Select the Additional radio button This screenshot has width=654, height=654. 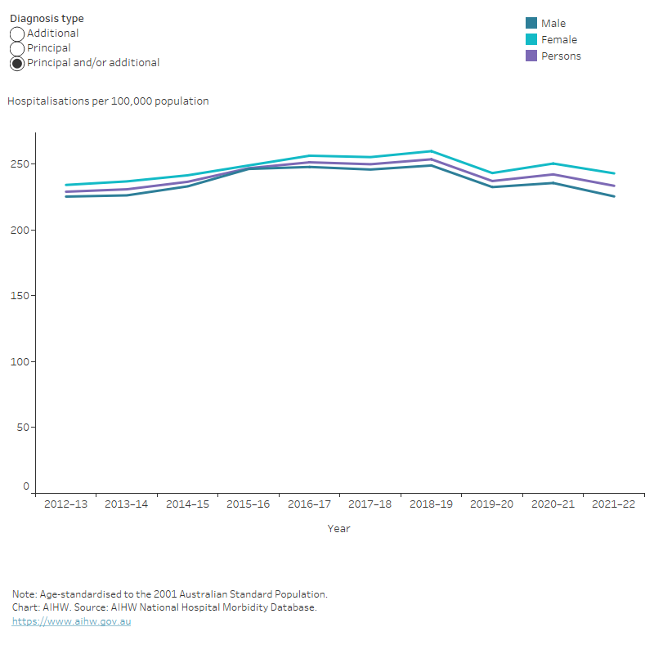point(17,34)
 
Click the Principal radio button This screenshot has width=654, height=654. point(17,49)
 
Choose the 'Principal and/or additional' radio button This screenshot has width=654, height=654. point(17,64)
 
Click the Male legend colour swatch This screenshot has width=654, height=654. point(531,24)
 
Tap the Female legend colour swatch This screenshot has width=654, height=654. point(531,40)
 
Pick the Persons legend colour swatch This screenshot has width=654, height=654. point(531,56)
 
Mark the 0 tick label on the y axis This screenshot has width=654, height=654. point(25,486)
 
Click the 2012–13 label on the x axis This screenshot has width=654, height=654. point(65,504)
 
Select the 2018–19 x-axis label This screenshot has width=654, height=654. point(431,504)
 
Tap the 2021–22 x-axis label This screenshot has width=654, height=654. point(614,504)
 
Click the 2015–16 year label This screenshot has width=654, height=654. point(249,504)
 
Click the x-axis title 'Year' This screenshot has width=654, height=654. point(339,529)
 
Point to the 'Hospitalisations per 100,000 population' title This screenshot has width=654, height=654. point(108,101)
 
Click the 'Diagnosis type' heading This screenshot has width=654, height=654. point(47,19)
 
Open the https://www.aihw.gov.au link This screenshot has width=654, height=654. point(71,621)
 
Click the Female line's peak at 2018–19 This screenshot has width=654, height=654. point(431,151)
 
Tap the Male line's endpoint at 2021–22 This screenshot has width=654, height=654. point(614,196)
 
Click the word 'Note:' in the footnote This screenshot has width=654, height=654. point(25,594)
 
